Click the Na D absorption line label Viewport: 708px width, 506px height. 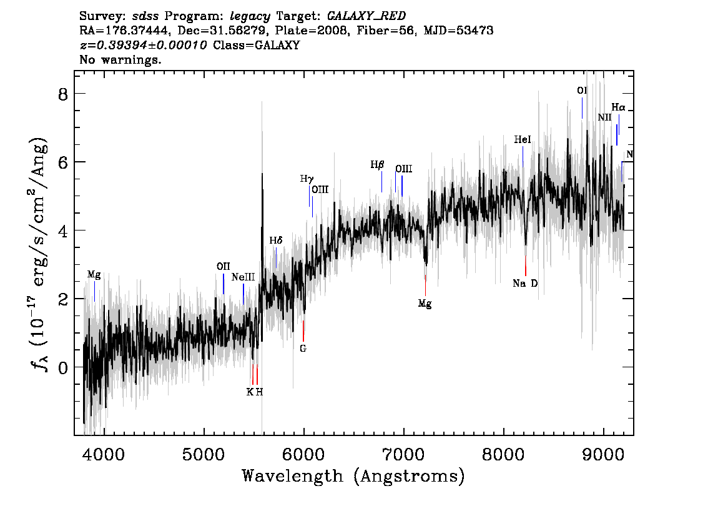[x=525, y=283]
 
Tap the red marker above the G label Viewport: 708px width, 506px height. [x=303, y=331]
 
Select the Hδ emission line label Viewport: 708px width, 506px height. [x=276, y=241]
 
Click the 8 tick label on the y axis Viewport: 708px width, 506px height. [x=63, y=94]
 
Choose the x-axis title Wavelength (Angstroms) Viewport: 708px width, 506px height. [x=353, y=476]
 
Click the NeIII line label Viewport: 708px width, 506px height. [x=243, y=277]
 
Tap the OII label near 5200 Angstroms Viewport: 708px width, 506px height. [x=223, y=266]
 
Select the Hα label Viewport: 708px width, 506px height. [x=619, y=107]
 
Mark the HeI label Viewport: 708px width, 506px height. [x=523, y=139]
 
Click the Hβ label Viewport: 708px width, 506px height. [x=377, y=165]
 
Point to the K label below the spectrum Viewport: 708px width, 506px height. [x=249, y=392]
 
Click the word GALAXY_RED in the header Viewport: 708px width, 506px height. [x=366, y=16]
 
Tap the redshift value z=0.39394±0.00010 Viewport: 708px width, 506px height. [x=143, y=45]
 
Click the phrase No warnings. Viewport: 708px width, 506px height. [x=120, y=59]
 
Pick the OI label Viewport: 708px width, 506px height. [x=582, y=91]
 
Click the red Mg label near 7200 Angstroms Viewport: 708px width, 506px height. [x=425, y=304]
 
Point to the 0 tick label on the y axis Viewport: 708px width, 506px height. [x=63, y=367]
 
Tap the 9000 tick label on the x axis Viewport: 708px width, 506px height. [x=603, y=454]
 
